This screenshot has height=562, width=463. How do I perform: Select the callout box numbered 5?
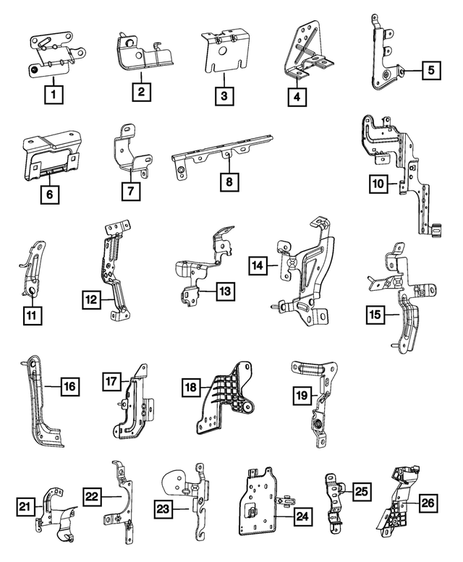430,70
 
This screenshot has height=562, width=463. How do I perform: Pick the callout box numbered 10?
378,184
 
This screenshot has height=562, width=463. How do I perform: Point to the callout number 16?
69,387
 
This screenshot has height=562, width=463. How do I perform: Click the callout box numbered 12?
91,297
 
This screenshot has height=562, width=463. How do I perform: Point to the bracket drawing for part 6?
53,153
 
